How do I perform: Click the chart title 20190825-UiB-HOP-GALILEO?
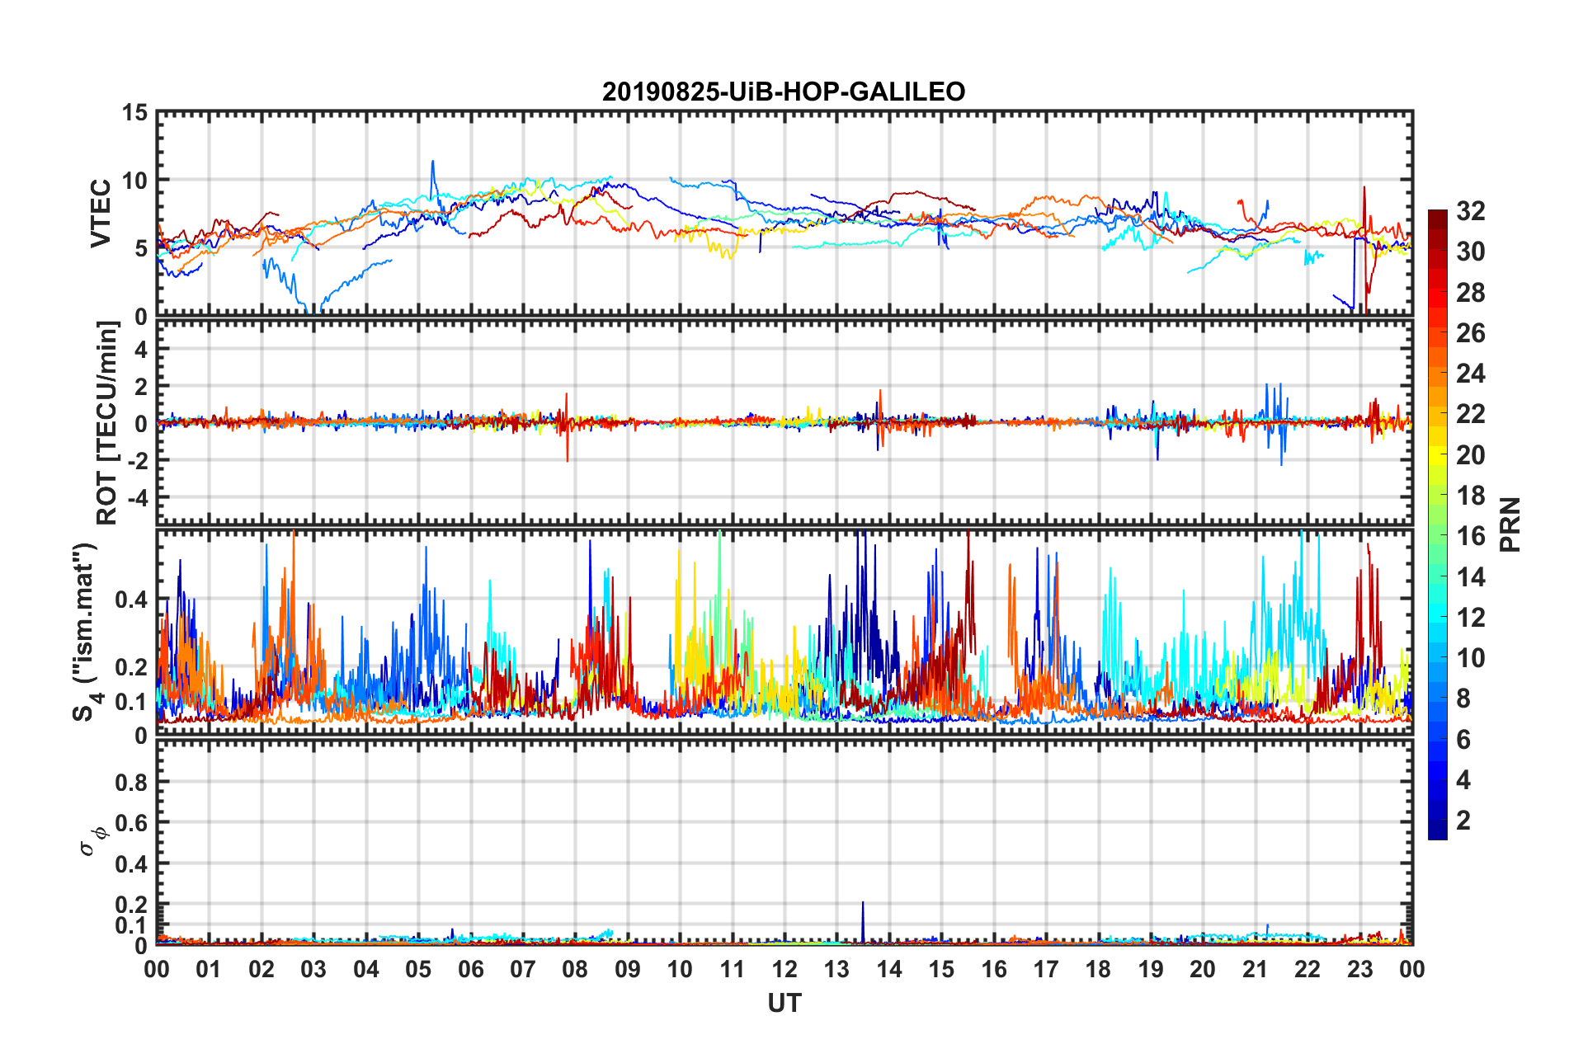click(x=784, y=92)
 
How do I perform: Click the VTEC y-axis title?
click(x=101, y=214)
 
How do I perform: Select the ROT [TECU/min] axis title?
click(x=107, y=423)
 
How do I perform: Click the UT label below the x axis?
click(x=784, y=1003)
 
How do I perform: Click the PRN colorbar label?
click(x=1510, y=524)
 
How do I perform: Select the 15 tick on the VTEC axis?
click(x=134, y=112)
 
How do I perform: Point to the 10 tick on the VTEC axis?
click(x=134, y=180)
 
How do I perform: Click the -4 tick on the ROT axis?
click(x=136, y=498)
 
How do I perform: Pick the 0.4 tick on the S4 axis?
click(x=131, y=600)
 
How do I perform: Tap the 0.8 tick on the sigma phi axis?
click(x=131, y=782)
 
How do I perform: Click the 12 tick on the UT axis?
click(x=784, y=970)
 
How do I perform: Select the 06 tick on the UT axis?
click(x=470, y=970)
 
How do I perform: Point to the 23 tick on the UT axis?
click(x=1359, y=970)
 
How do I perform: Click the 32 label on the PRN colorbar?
click(x=1470, y=211)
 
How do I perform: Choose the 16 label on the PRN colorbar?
click(x=1470, y=536)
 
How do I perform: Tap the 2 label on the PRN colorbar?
click(x=1463, y=821)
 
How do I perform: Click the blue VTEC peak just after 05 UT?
click(x=432, y=162)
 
